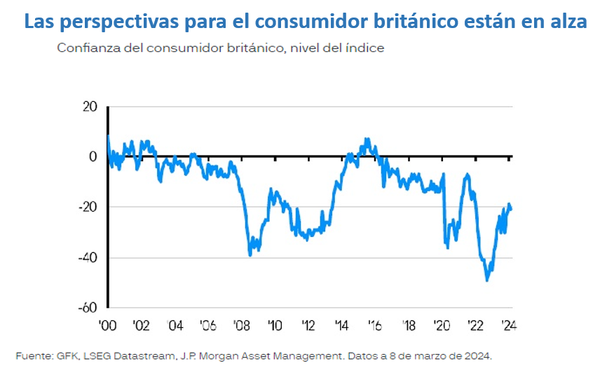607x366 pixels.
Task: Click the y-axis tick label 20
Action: [x=89, y=107]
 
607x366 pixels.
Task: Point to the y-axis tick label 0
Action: [x=93, y=156]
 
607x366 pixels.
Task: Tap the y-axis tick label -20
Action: [x=87, y=207]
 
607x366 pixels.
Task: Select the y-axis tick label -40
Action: [x=87, y=257]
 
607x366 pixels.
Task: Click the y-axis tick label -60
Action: [x=87, y=308]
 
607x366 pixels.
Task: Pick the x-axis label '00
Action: [x=109, y=325]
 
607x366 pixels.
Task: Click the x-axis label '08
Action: [x=242, y=325]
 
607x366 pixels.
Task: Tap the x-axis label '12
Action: [x=308, y=325]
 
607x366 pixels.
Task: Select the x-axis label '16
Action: [x=376, y=325]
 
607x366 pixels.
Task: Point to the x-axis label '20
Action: [x=442, y=325]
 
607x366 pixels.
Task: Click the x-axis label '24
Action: [x=508, y=325]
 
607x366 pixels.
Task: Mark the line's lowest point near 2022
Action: [x=486, y=280]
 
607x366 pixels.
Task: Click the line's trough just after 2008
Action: [x=251, y=255]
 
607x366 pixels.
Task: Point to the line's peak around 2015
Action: [x=367, y=139]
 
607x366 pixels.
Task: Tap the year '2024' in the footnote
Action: [x=477, y=356]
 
